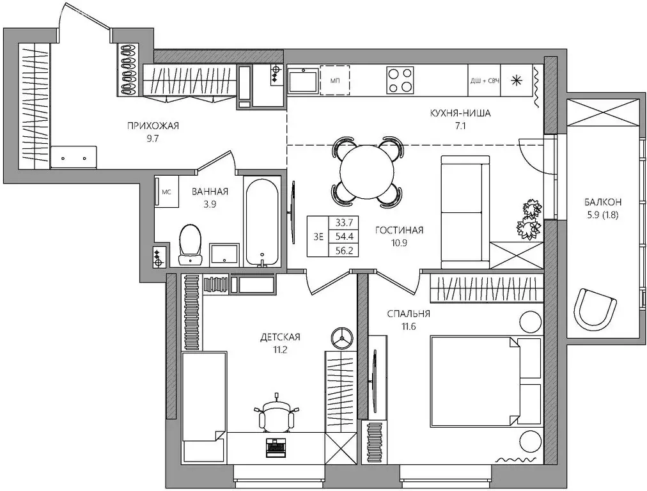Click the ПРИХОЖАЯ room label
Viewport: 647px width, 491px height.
click(153, 125)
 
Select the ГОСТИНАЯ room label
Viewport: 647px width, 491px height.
click(400, 230)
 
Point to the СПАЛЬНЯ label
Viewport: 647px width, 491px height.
click(409, 313)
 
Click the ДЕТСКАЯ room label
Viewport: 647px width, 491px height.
click(280, 336)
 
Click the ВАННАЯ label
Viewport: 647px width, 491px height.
click(209, 191)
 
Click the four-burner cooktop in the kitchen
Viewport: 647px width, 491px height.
click(400, 81)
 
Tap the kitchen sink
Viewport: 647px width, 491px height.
click(303, 81)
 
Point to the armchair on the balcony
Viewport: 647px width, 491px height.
click(595, 310)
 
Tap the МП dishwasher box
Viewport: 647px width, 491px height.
click(335, 81)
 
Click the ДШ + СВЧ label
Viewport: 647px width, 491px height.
click(484, 81)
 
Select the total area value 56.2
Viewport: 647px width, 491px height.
click(343, 249)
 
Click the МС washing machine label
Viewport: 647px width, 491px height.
click(166, 191)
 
